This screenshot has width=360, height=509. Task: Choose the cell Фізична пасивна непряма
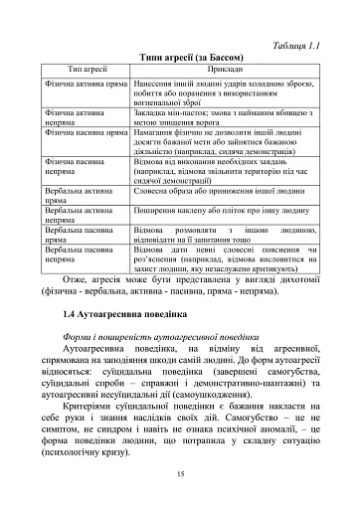[x=75, y=164]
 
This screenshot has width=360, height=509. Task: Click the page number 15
[x=180, y=473]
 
